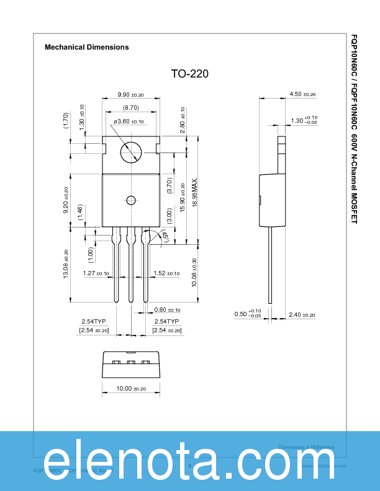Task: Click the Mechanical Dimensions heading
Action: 87,47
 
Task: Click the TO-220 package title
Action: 190,74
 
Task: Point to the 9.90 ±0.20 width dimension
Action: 130,95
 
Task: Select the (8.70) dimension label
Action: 130,108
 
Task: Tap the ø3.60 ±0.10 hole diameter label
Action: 129,122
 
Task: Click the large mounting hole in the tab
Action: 131,150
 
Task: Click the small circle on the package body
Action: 130,200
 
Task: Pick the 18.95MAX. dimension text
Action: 195,192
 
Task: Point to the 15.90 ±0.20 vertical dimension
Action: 182,198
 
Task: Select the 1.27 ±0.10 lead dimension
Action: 96,273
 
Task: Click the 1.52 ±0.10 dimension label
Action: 166,273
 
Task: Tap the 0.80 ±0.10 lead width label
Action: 166,310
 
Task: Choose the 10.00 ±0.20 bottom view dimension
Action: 130,389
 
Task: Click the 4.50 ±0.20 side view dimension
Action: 302,94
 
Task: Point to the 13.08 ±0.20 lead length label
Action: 66,263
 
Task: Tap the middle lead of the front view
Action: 130,267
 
